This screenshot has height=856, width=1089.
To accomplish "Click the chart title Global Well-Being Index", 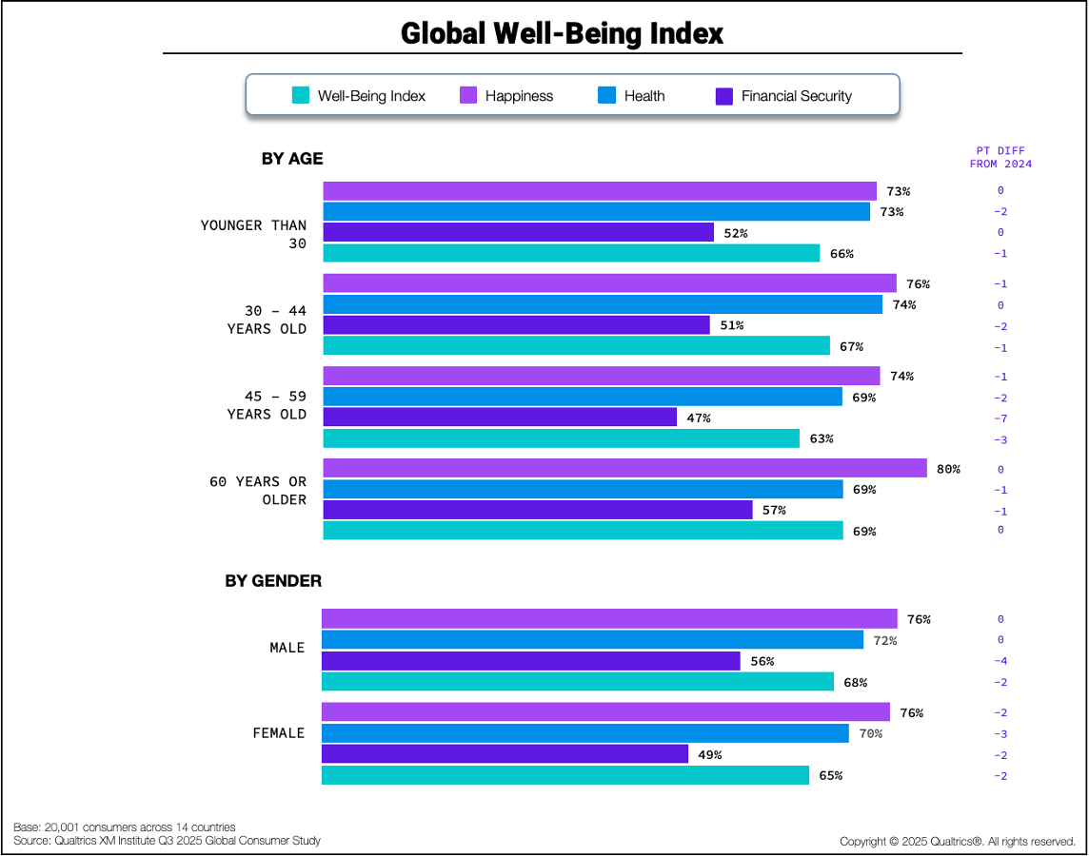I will pyautogui.click(x=562, y=33).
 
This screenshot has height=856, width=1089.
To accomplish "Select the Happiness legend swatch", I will pyautogui.click(x=468, y=96).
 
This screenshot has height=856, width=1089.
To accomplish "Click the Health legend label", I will pyautogui.click(x=644, y=96).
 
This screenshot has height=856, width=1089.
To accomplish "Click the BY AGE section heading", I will pyautogui.click(x=292, y=159).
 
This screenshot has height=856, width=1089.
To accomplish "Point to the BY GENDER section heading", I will pyautogui.click(x=273, y=580).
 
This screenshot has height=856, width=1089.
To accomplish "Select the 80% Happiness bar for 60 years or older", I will pyautogui.click(x=624, y=468).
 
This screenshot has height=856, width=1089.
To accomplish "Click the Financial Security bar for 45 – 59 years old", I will pyautogui.click(x=500, y=418).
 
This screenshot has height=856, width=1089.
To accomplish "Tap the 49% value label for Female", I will pyautogui.click(x=710, y=754).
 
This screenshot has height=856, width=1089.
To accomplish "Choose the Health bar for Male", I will pyautogui.click(x=592, y=640).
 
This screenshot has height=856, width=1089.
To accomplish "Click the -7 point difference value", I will pyautogui.click(x=1000, y=418).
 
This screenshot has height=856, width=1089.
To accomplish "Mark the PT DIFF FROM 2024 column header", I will pyautogui.click(x=1000, y=157).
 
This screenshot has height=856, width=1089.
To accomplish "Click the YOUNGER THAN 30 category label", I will pyautogui.click(x=253, y=234).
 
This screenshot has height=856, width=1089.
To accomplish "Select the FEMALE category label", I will pyautogui.click(x=278, y=733).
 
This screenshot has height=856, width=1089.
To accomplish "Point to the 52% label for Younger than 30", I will pyautogui.click(x=736, y=233).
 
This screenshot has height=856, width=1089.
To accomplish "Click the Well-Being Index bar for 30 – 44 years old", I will pyautogui.click(x=576, y=345).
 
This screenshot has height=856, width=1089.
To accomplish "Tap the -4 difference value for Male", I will pyautogui.click(x=1000, y=661).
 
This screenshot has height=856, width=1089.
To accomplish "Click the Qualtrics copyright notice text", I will pyautogui.click(x=957, y=842).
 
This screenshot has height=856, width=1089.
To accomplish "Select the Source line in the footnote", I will pyautogui.click(x=168, y=841).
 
